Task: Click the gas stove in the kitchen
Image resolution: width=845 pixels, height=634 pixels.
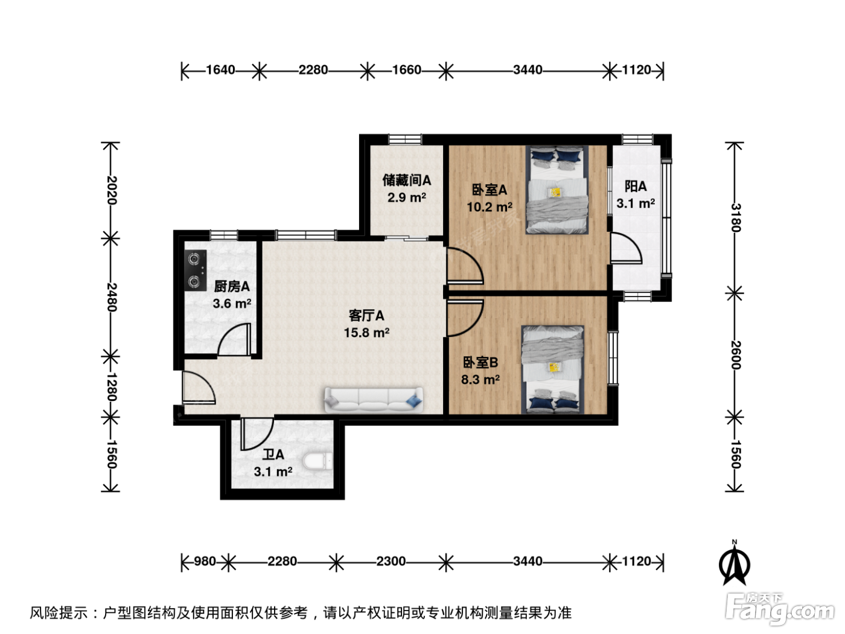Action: pyautogui.click(x=196, y=271)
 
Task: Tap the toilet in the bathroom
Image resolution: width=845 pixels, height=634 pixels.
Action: pyautogui.click(x=317, y=461)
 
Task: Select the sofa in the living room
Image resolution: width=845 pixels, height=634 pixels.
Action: pyautogui.click(x=374, y=400)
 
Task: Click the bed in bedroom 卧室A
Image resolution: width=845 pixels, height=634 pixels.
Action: pyautogui.click(x=557, y=190)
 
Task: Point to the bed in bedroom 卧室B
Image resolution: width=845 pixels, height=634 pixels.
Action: pyautogui.click(x=553, y=370)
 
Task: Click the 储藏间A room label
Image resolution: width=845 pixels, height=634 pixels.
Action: pyautogui.click(x=407, y=180)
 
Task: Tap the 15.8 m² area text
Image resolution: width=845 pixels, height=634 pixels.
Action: pyautogui.click(x=366, y=333)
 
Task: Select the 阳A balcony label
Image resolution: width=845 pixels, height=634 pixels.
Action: pyautogui.click(x=636, y=187)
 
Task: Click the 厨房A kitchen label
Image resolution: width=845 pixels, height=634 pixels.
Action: pyautogui.click(x=232, y=286)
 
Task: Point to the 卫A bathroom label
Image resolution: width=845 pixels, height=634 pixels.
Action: pyautogui.click(x=273, y=455)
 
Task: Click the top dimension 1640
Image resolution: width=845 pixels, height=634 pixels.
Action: pyautogui.click(x=220, y=70)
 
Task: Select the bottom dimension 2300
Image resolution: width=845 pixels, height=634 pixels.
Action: pyautogui.click(x=391, y=562)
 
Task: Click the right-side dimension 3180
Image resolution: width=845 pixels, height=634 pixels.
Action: pyautogui.click(x=736, y=217)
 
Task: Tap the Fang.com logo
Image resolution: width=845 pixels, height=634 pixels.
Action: pyautogui.click(x=780, y=609)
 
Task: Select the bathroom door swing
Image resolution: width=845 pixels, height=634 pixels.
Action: pyautogui.click(x=257, y=434)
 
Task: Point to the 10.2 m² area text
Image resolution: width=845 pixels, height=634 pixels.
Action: pyautogui.click(x=489, y=207)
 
